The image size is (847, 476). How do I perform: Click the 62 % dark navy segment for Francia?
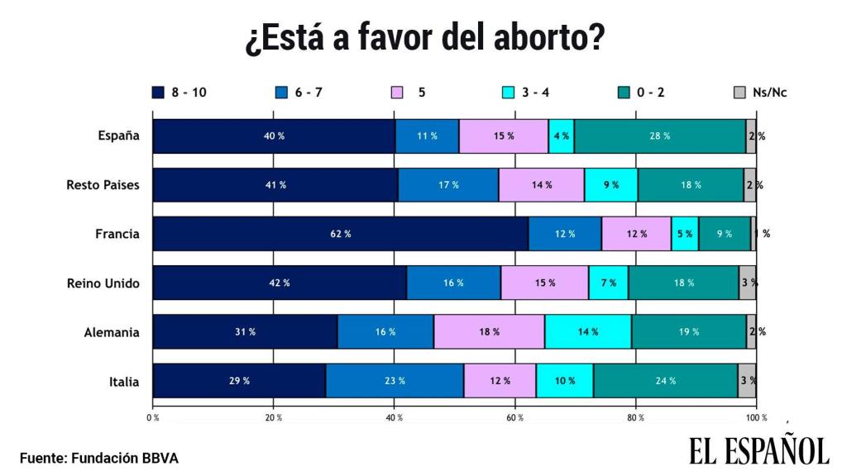[x=341, y=234]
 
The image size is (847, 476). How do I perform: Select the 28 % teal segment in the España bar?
[x=660, y=136]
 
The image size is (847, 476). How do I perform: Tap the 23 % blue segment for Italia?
[x=395, y=381]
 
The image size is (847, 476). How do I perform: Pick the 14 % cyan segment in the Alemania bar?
[x=588, y=332]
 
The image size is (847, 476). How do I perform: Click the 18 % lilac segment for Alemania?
[x=489, y=332]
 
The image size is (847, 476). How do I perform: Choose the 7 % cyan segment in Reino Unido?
[x=608, y=283]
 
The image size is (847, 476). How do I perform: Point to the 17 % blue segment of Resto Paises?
[x=448, y=185]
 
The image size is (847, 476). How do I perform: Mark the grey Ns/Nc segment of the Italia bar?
[x=747, y=381]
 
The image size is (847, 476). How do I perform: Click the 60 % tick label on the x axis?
[x=515, y=418]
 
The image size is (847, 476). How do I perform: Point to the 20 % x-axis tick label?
[x=274, y=418]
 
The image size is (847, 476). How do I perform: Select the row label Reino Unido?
[x=103, y=283]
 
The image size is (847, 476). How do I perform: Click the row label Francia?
[x=117, y=234]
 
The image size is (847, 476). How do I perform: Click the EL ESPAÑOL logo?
[x=758, y=450]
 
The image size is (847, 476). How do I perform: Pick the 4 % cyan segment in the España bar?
[x=561, y=136]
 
